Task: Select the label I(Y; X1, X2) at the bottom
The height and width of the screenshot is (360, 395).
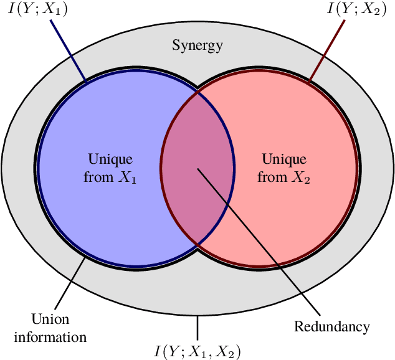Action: (x=197, y=350)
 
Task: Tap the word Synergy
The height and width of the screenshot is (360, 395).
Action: (x=197, y=45)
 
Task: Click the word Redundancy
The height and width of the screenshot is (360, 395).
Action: (x=331, y=326)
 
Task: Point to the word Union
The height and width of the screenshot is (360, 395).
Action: (x=50, y=319)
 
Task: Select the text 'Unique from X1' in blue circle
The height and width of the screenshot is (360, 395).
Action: (x=110, y=168)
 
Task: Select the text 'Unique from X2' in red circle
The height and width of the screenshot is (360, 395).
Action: (x=283, y=168)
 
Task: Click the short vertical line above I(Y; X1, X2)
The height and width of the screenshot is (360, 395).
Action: (x=197, y=326)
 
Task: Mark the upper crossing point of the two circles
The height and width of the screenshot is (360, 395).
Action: (x=197, y=92)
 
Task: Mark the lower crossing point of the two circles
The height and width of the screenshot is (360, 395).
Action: (x=197, y=245)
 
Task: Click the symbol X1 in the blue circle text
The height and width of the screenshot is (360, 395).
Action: (x=128, y=178)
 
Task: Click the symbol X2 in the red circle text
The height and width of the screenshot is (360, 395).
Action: (x=301, y=178)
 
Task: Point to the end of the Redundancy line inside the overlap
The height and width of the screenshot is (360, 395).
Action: (x=198, y=169)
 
